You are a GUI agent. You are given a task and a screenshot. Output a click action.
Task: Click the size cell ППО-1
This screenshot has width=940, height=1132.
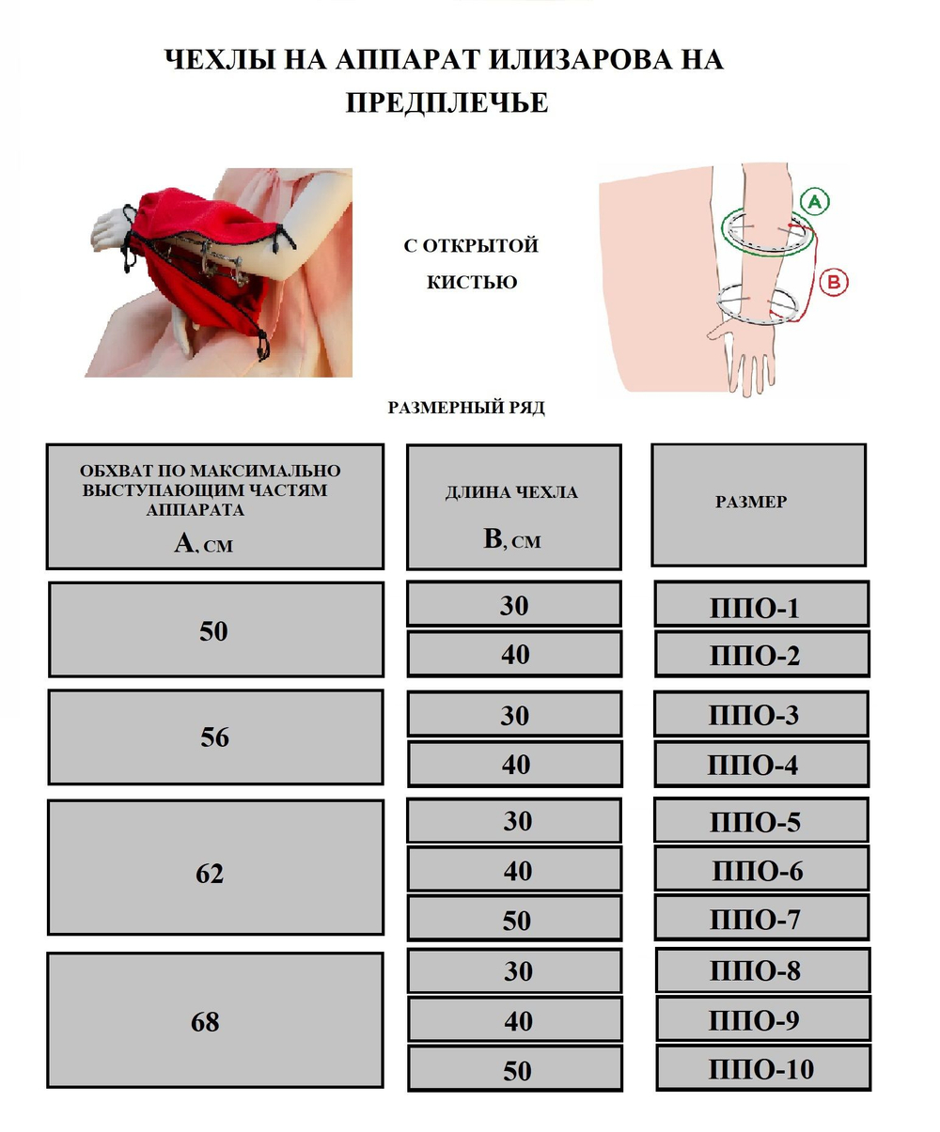(x=761, y=604)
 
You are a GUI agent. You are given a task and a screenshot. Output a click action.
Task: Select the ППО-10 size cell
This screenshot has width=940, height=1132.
(x=762, y=1067)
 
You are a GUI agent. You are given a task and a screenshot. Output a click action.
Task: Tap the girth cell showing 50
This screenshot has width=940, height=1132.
(x=216, y=629)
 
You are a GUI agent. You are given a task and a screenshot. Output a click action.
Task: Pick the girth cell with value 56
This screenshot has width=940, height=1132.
(x=215, y=737)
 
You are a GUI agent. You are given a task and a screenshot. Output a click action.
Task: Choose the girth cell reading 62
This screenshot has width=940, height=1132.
(x=215, y=867)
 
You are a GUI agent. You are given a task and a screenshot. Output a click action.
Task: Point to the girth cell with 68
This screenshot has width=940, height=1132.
(x=215, y=1020)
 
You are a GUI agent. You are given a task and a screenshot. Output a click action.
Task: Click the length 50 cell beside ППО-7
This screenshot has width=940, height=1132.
(x=514, y=918)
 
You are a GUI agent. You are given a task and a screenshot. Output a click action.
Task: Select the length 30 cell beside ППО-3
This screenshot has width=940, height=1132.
(x=514, y=713)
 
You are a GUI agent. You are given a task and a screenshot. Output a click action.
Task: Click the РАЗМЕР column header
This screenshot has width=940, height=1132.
(x=759, y=505)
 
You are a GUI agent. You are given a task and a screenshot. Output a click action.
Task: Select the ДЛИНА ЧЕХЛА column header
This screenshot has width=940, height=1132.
(x=513, y=507)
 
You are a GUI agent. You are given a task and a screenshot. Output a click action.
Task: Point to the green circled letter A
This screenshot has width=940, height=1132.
(x=815, y=201)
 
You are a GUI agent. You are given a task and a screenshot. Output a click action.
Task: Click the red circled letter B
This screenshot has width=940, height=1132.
(x=834, y=282)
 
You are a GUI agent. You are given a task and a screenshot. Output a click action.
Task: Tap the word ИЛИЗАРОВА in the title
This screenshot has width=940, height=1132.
(x=580, y=59)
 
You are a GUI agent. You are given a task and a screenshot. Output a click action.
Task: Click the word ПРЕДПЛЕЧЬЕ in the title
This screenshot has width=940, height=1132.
(x=446, y=102)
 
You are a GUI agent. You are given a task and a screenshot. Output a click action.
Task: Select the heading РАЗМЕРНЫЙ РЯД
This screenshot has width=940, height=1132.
(x=466, y=408)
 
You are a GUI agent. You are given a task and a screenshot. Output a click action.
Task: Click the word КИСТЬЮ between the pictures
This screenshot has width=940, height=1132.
(x=472, y=282)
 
